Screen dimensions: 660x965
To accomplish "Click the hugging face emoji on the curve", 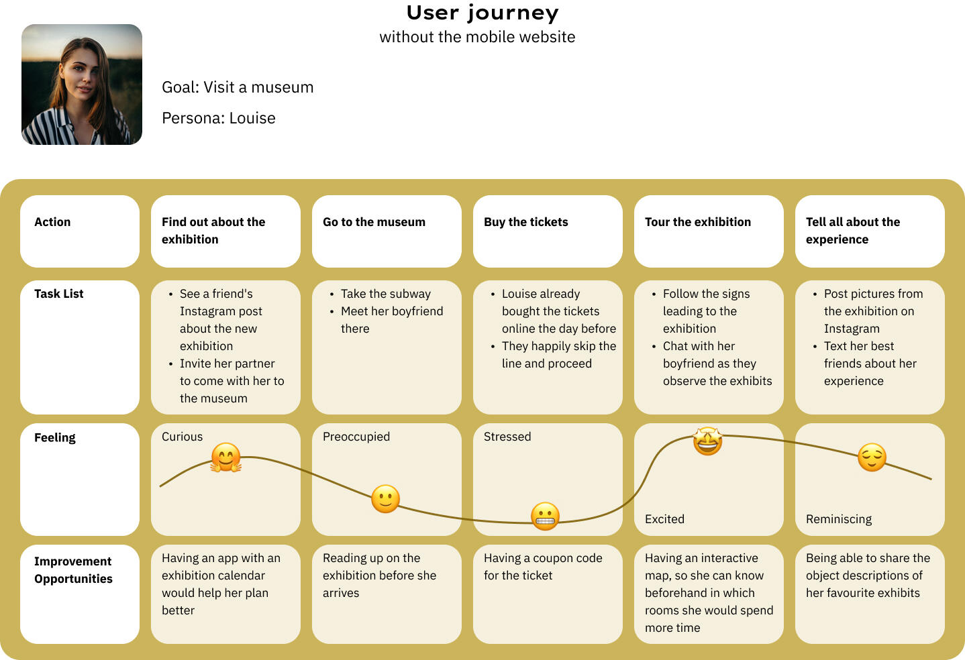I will click(226, 458).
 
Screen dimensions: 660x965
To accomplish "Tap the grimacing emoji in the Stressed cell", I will click(545, 516).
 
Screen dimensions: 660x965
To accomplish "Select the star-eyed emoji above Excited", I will click(707, 441).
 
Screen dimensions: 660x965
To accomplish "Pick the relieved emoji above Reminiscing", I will click(872, 457).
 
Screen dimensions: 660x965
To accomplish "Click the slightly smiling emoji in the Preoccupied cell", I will click(385, 499).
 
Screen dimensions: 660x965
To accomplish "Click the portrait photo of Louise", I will click(82, 85).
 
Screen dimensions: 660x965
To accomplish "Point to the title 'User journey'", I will click(482, 13).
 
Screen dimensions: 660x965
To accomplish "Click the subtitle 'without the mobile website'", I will click(477, 37).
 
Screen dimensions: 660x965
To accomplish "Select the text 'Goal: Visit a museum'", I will click(238, 87).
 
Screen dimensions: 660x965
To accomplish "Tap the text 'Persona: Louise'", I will click(219, 118).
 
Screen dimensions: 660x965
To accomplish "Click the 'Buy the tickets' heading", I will click(525, 222).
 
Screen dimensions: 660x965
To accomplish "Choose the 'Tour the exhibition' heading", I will click(698, 222).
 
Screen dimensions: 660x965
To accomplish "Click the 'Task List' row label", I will click(59, 294).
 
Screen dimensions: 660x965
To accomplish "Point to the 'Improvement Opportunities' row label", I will click(73, 570).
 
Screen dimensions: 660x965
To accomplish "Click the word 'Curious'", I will click(182, 437).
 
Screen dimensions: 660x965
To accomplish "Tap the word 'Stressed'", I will click(507, 437).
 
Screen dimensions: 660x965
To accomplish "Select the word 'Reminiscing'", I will click(839, 519).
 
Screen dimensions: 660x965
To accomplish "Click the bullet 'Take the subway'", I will click(385, 294).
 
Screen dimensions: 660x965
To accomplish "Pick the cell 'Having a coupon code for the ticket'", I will click(543, 567).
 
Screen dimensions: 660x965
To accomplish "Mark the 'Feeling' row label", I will click(55, 437).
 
